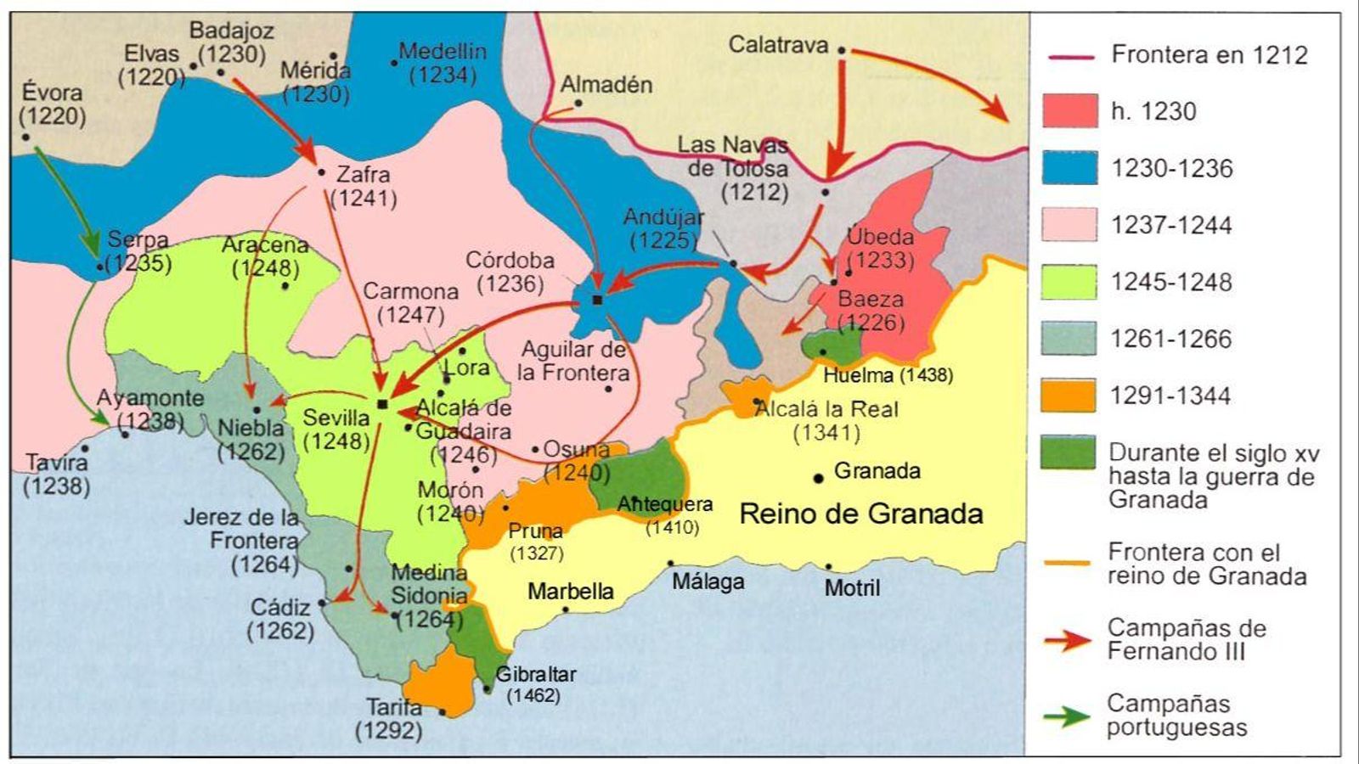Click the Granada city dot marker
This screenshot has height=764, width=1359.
click(x=818, y=478)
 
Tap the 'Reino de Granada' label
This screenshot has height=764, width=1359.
click(x=861, y=514)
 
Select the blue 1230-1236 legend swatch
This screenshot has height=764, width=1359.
click(x=1069, y=168)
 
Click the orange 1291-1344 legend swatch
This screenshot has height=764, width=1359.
click(x=1069, y=396)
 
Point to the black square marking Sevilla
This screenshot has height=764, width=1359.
click(x=382, y=404)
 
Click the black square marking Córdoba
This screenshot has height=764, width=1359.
click(x=597, y=300)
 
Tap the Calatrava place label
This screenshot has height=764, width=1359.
click(x=778, y=45)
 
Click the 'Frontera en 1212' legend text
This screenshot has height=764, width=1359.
click(x=1210, y=55)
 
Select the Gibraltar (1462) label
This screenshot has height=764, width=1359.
click(x=535, y=684)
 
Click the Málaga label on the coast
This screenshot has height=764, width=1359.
click(x=708, y=581)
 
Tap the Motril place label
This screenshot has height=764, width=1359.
click(x=852, y=587)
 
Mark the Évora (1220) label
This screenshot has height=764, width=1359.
click(x=53, y=104)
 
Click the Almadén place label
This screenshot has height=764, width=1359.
click(x=606, y=85)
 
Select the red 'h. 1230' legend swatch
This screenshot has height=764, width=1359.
click(x=1069, y=111)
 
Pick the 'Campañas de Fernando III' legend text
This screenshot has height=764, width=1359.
click(x=1186, y=640)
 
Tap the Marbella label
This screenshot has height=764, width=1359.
click(x=571, y=591)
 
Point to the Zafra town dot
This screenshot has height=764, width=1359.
click(x=321, y=172)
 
